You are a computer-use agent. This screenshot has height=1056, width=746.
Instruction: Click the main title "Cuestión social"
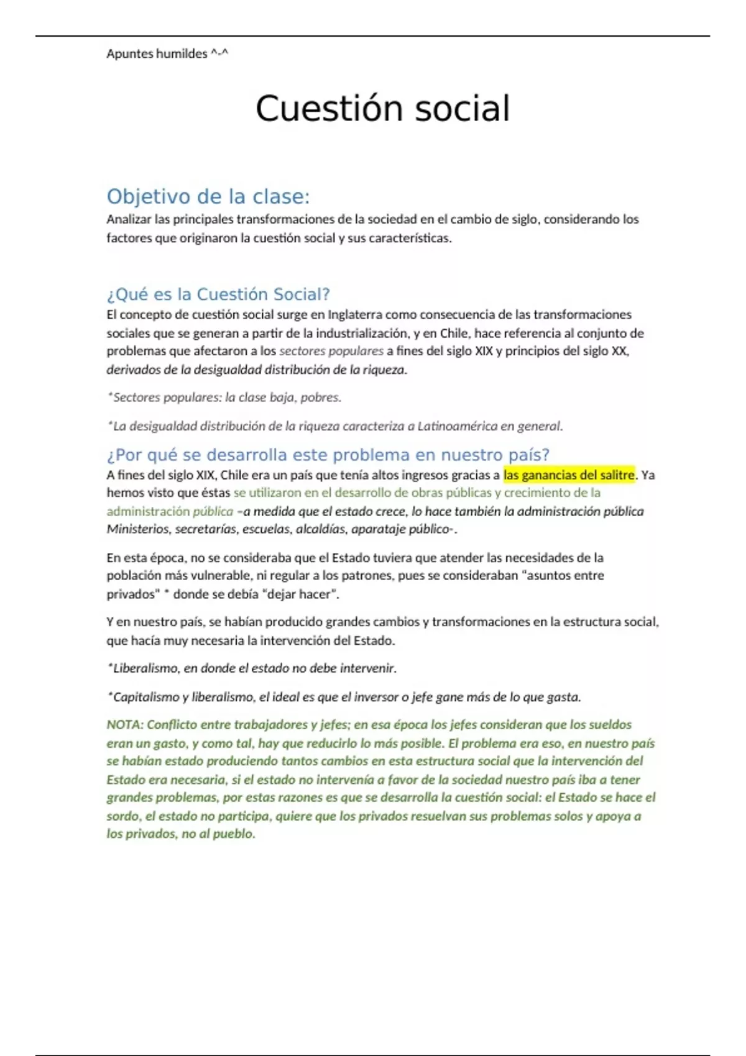point(382,109)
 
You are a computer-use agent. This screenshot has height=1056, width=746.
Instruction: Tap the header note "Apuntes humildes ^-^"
point(167,54)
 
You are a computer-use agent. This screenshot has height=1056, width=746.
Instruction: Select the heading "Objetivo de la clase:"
point(208,196)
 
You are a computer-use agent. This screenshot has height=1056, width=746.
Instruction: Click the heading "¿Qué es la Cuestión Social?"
point(218,294)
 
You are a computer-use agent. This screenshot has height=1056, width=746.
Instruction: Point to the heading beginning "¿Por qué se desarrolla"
point(328,455)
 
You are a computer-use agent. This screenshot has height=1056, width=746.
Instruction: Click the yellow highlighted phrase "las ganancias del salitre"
point(569,475)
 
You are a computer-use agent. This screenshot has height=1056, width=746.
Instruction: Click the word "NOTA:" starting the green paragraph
point(125,725)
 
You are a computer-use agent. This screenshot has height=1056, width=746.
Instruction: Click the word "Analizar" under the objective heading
point(129,219)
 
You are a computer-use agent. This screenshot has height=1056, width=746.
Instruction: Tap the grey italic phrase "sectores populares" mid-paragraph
point(331,351)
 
